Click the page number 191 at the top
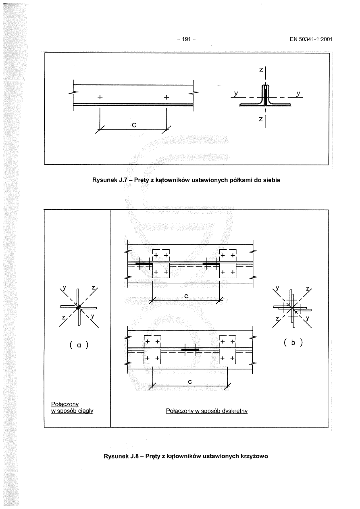pyautogui.click(x=186, y=39)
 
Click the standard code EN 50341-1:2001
pyautogui.click(x=310, y=39)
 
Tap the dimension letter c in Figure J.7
pyautogui.click(x=134, y=125)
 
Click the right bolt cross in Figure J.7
pyautogui.click(x=166, y=98)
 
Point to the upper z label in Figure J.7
pyautogui.click(x=261, y=70)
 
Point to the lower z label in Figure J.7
pyautogui.click(x=261, y=119)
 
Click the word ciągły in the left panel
pyautogui.click(x=85, y=411)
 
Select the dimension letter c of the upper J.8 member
pyautogui.click(x=186, y=296)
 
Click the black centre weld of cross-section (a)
pyautogui.click(x=79, y=307)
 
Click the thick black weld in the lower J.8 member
pyautogui.click(x=189, y=350)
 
